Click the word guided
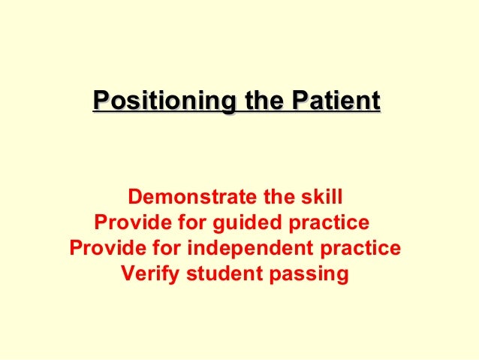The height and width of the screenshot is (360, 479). pos(249,223)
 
